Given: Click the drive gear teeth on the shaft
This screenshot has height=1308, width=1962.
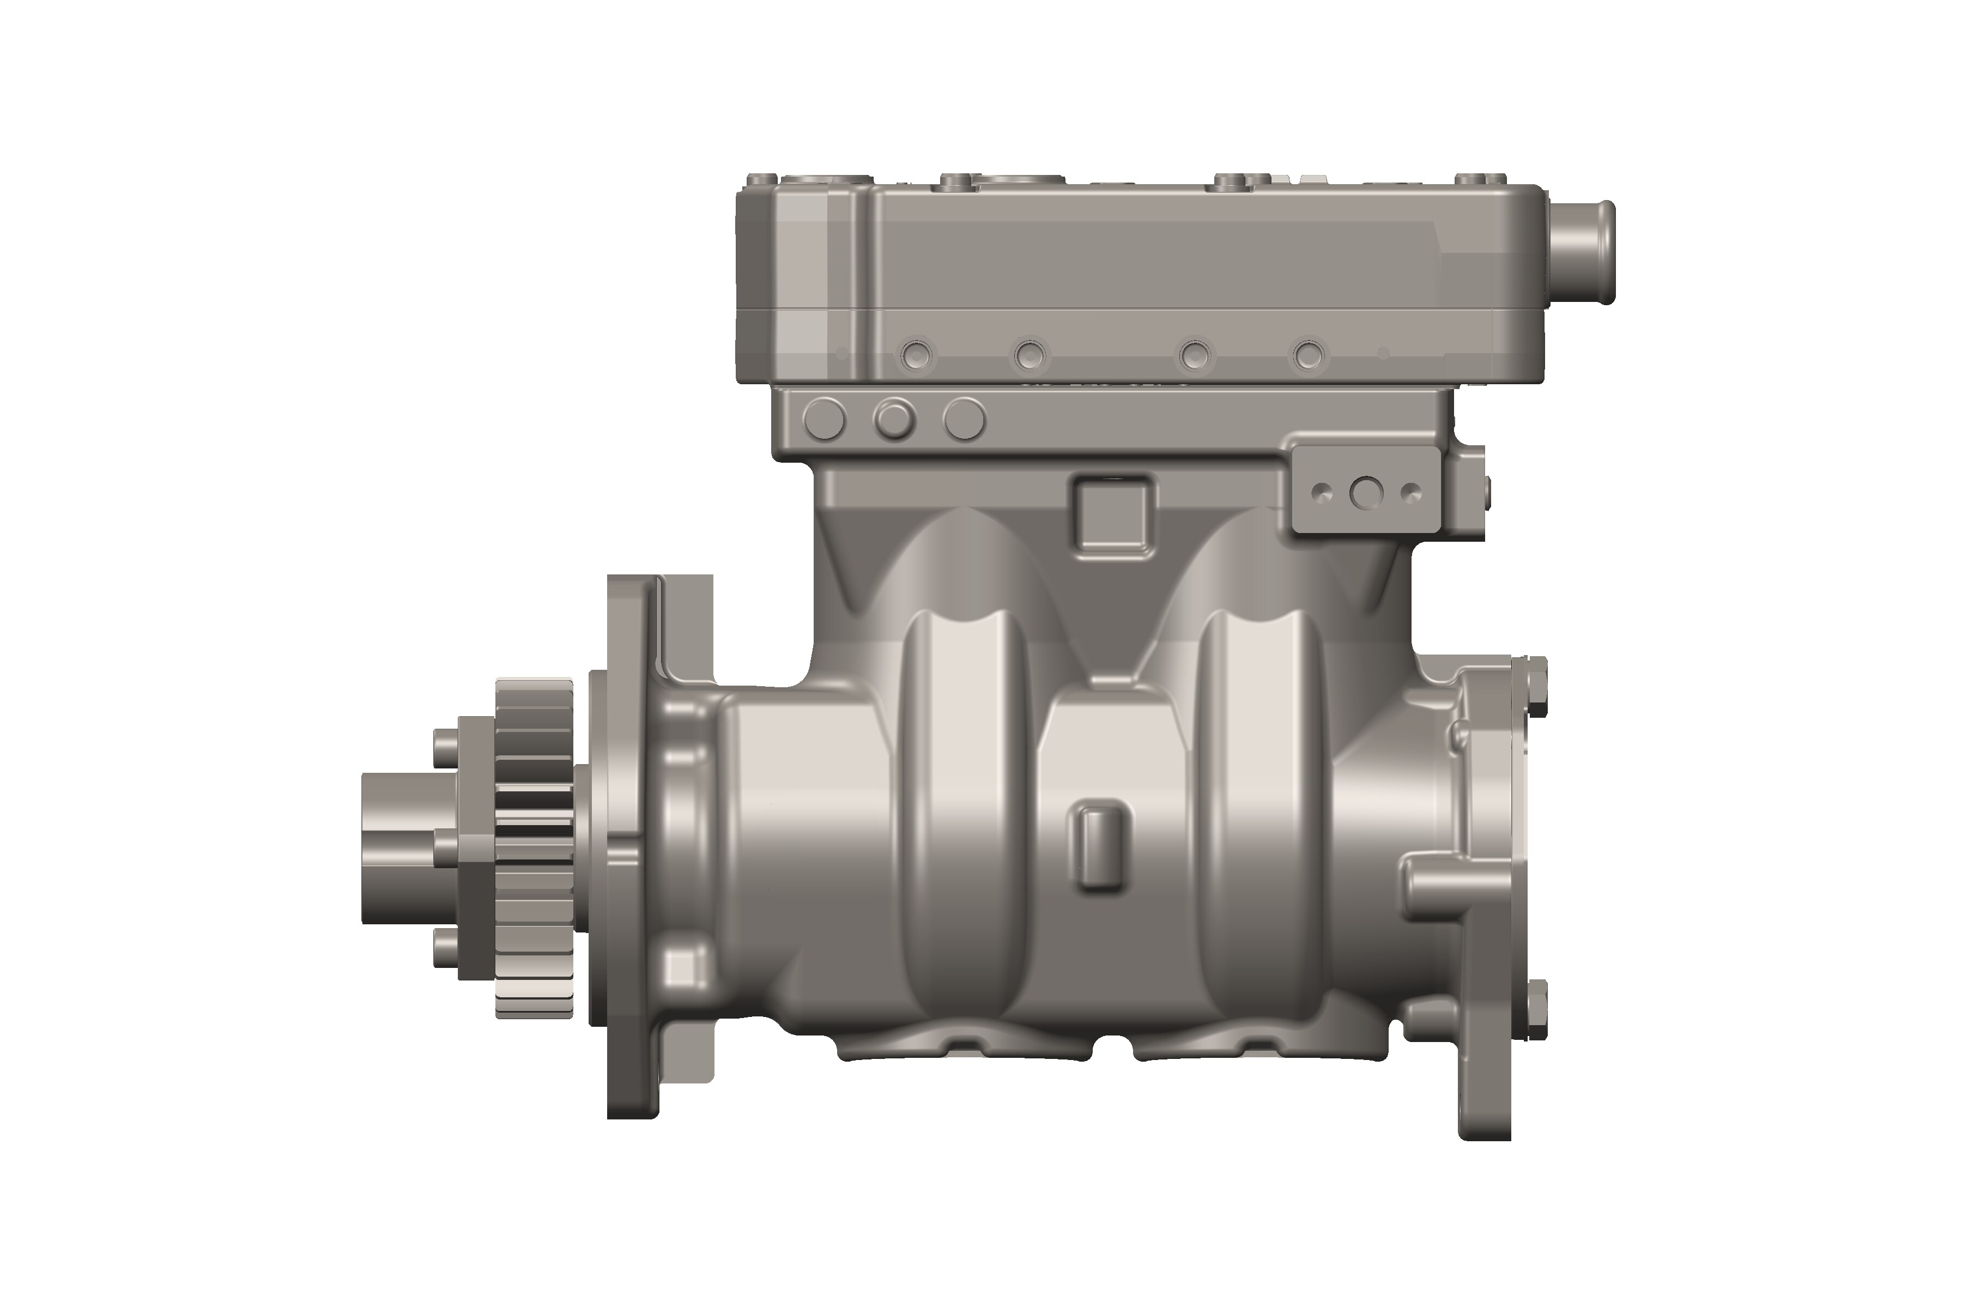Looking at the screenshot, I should pyautogui.click(x=534, y=847).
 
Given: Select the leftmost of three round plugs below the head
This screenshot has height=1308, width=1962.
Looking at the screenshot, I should pyautogui.click(x=826, y=418).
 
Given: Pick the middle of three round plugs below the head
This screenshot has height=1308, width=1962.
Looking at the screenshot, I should pyautogui.click(x=894, y=418).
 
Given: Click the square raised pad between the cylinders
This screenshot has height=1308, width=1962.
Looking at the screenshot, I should pyautogui.click(x=1113, y=514).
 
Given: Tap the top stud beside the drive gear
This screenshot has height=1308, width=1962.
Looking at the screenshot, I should pyautogui.click(x=446, y=741).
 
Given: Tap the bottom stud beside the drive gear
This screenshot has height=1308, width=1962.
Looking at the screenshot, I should pyautogui.click(x=446, y=948).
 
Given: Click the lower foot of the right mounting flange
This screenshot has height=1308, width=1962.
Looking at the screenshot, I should pyautogui.click(x=1485, y=1101).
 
